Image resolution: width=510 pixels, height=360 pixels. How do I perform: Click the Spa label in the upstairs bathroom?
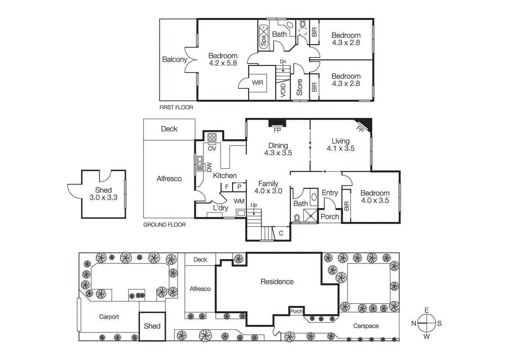[x=263, y=41]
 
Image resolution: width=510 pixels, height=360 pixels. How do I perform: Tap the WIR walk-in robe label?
[x=258, y=83]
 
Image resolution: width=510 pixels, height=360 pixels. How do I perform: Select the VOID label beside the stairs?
[x=283, y=90]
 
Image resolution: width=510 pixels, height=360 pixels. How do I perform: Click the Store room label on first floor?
[x=299, y=87]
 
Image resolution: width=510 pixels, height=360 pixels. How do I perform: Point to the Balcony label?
[x=174, y=60]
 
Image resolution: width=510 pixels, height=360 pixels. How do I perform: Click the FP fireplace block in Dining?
[x=277, y=123]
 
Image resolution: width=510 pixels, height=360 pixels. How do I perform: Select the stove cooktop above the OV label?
[x=212, y=137]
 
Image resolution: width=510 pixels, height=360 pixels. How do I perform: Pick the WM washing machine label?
[x=239, y=201]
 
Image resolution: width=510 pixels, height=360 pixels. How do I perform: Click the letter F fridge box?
[x=227, y=187]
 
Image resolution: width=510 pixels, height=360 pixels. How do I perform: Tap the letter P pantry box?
[x=239, y=187]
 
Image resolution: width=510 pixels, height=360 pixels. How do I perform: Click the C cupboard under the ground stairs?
[x=281, y=233]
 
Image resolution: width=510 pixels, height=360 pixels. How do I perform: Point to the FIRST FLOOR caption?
[x=176, y=108]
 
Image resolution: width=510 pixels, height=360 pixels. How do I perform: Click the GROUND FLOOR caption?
[x=164, y=225]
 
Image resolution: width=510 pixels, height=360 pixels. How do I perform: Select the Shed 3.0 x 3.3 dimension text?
[x=103, y=198]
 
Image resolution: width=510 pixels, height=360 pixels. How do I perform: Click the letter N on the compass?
[x=414, y=323]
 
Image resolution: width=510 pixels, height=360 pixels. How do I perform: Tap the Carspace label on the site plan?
[x=366, y=326]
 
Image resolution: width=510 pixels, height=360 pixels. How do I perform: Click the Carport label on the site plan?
[x=109, y=317]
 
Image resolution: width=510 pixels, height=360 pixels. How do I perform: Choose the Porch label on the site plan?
[x=296, y=311]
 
